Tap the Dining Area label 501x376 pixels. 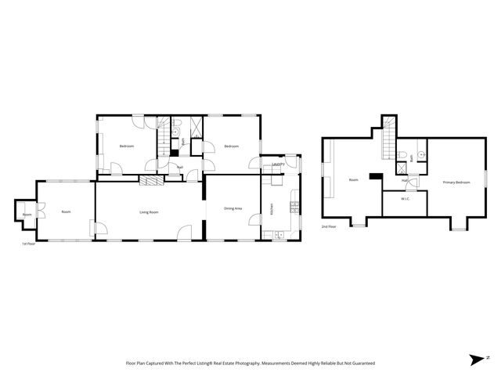click(232, 208)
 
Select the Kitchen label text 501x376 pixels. click(272, 209)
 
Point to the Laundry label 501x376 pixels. click(277, 164)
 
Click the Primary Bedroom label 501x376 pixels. click(456, 182)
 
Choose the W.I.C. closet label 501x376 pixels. click(405, 199)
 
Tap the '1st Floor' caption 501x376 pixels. click(30, 244)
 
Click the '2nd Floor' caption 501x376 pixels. click(329, 227)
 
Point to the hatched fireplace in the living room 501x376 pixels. click(152, 179)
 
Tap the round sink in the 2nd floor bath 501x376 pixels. click(420, 154)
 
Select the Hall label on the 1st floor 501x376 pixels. click(179, 167)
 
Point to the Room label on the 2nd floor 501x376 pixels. click(353, 180)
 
